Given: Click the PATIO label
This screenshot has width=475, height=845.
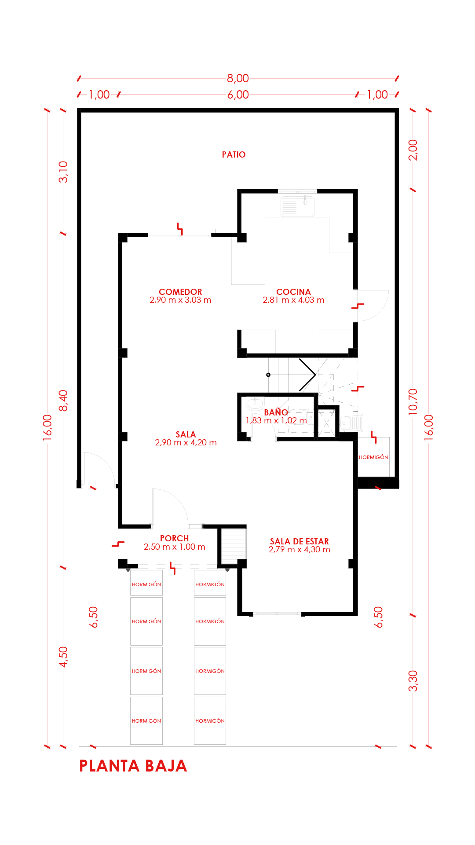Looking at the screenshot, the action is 234,154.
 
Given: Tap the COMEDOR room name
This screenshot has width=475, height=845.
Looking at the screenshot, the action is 180,292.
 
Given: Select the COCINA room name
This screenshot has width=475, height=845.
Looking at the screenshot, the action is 293,292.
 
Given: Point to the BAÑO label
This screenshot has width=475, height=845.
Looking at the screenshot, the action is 276,412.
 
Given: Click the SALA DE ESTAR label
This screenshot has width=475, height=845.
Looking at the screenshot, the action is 300,541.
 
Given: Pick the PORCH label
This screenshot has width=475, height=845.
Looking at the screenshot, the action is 174,538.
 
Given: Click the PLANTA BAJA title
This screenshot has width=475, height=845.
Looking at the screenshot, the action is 133,766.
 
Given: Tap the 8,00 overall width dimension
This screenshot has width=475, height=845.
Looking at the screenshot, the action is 238,78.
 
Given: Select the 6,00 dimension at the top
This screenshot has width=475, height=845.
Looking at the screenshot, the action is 238,95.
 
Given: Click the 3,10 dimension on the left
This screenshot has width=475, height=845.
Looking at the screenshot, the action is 63,172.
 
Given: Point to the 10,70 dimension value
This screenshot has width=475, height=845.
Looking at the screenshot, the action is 413,401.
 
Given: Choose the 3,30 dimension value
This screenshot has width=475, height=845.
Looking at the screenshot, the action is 413,681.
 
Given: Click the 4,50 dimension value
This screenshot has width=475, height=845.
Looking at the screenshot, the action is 63,657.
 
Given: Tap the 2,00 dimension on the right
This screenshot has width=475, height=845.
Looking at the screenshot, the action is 413,150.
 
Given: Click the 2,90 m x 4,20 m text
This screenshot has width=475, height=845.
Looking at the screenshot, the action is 186,442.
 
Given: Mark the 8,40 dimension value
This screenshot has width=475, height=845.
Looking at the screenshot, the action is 63,400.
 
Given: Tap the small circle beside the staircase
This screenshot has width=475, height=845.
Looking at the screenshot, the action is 268,375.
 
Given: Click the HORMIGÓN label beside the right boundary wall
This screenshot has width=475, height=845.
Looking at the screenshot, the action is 373,457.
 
